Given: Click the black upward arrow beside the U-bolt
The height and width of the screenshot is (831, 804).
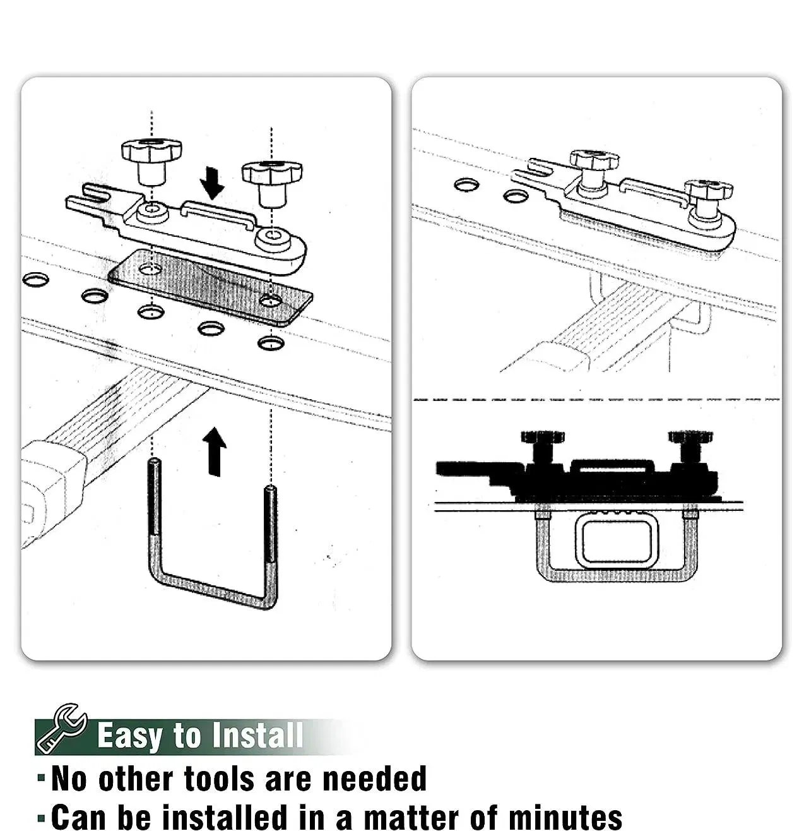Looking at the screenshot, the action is point(215,451).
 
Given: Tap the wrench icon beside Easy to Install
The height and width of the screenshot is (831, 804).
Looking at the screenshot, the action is point(62,729).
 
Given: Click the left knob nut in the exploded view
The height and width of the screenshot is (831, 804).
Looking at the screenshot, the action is point(151,161).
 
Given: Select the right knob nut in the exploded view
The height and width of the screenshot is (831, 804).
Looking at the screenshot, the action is point(272,184).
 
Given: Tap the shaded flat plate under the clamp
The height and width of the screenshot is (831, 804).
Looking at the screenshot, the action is point(210,288).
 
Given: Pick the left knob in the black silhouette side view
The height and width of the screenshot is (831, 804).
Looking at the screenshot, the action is point(542,447).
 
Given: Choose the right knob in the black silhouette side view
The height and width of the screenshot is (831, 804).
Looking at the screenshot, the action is point(690,447).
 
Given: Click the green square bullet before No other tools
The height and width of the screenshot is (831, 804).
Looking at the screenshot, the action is point(41,777).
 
